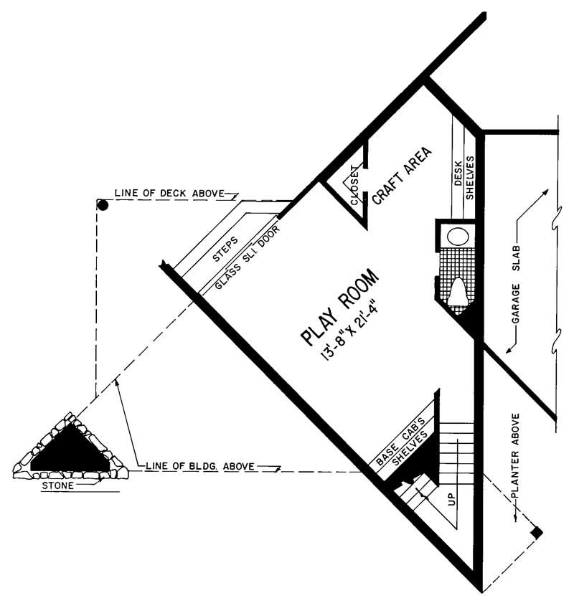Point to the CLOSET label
click(x=354, y=186)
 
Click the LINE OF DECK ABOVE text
click(x=169, y=194)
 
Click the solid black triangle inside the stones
click(x=70, y=450)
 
